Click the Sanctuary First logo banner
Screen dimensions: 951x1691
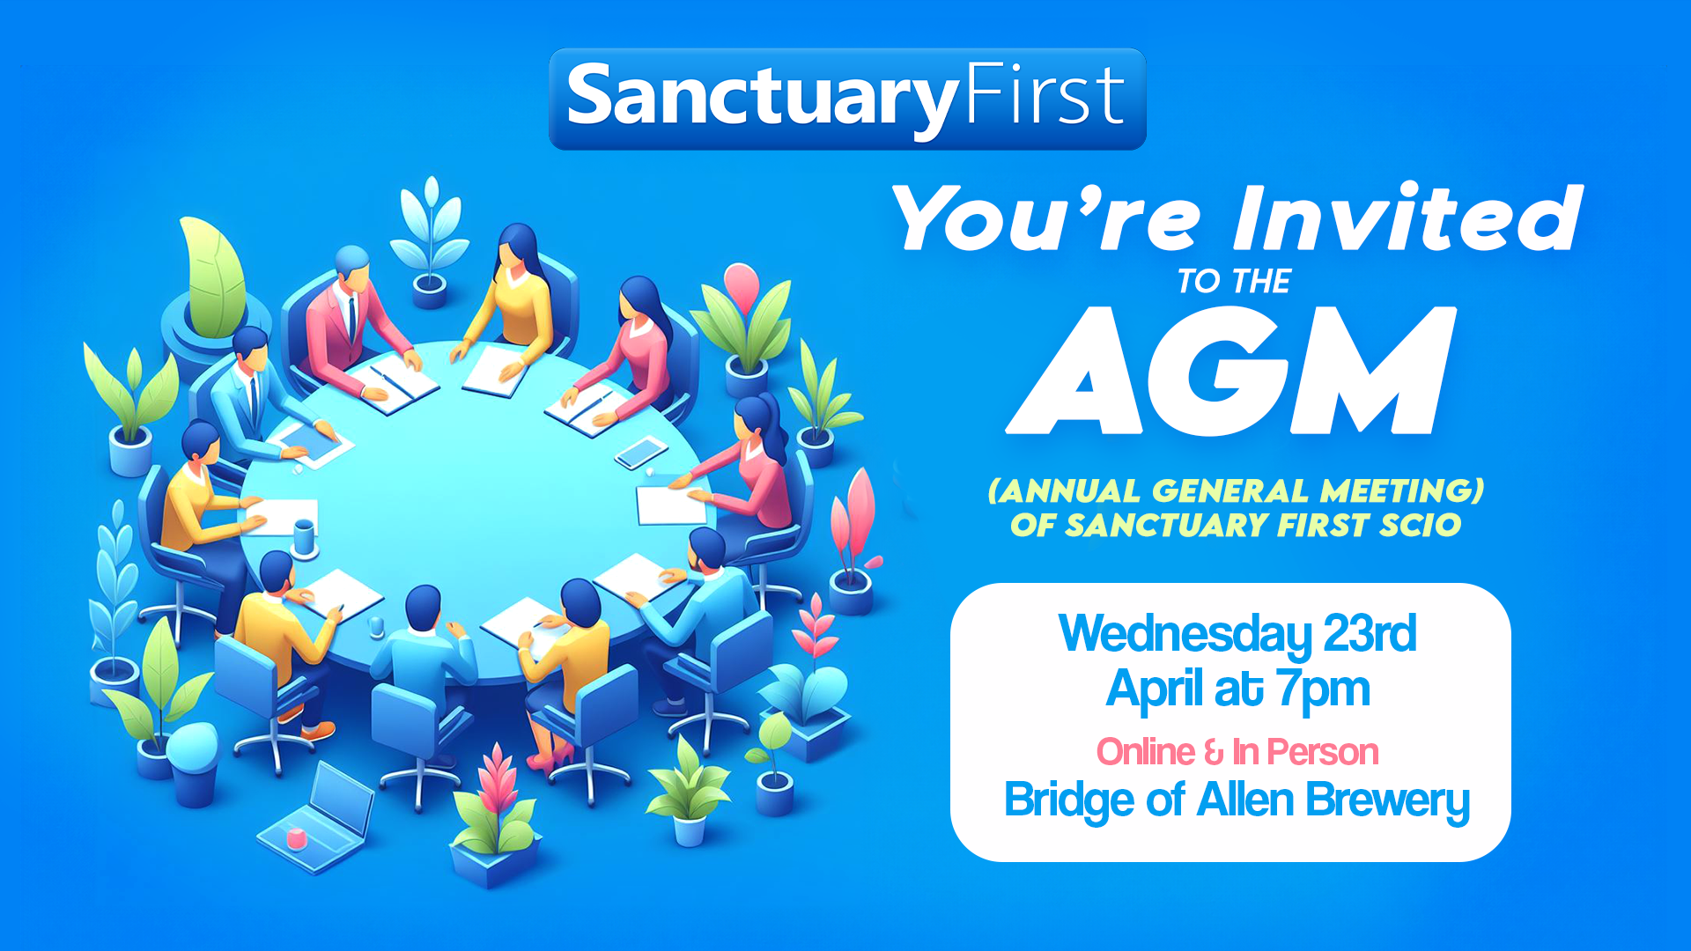tap(846, 99)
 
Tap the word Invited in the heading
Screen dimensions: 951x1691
tap(1407, 218)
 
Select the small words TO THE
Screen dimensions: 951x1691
tap(1234, 282)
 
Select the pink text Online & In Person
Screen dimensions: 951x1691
tap(1237, 752)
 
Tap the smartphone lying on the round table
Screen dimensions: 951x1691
tap(641, 453)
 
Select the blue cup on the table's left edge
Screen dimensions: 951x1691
tap(304, 537)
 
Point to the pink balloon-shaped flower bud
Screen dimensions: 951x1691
tap(742, 284)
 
